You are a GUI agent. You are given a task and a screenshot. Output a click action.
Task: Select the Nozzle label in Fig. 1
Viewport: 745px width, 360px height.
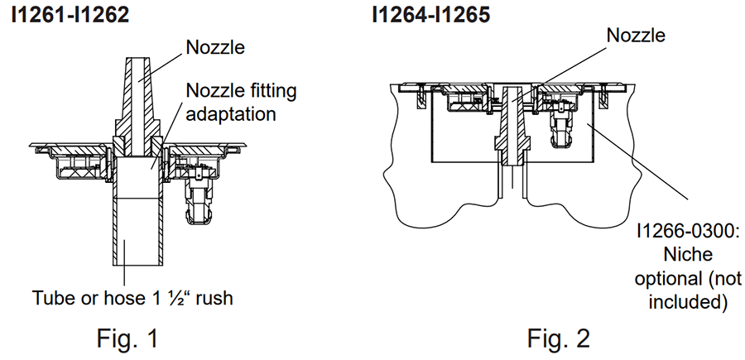point(217,48)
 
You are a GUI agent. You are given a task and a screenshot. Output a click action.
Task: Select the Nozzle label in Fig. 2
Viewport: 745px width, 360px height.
point(636,36)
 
